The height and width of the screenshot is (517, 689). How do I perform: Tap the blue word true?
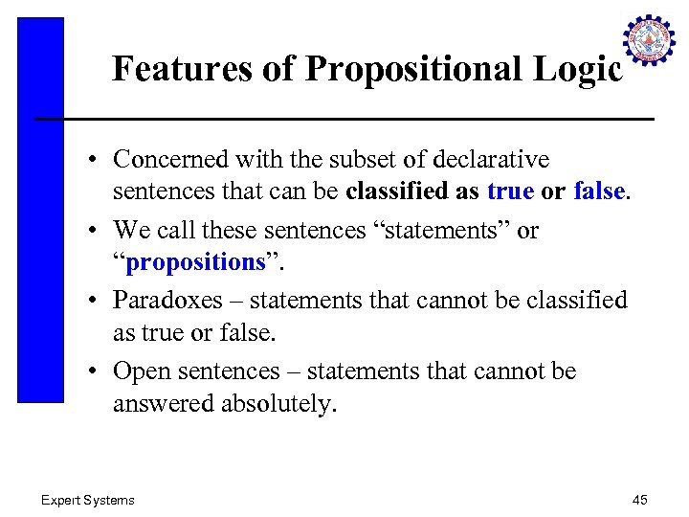(510, 191)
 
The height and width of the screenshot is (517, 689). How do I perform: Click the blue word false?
(598, 191)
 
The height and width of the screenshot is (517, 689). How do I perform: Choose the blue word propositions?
(195, 262)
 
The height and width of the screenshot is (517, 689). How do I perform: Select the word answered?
(164, 403)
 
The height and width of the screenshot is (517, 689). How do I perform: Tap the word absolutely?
(278, 403)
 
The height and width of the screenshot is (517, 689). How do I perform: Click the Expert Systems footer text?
(87, 500)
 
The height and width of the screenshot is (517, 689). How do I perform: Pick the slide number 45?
(640, 500)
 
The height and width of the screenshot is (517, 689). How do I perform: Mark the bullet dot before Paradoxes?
(98, 301)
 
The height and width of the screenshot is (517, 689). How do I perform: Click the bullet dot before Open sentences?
(98, 371)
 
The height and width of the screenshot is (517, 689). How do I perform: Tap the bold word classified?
(398, 191)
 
